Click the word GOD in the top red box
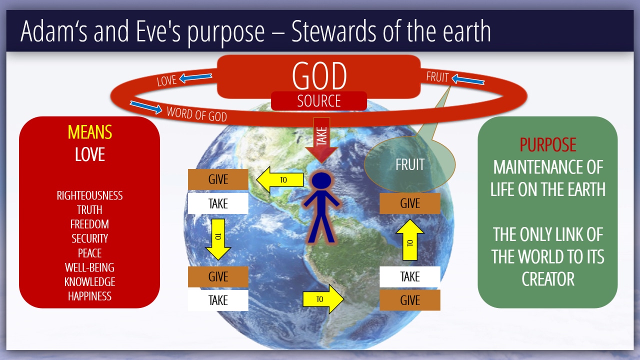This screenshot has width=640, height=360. click(319, 75)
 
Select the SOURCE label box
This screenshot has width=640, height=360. click(319, 101)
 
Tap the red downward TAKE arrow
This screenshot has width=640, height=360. click(321, 140)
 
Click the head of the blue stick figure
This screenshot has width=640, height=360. click(321, 180)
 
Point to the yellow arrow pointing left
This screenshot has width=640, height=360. click(280, 179)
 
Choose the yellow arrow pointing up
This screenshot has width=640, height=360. click(410, 239)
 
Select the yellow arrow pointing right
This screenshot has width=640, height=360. click(323, 299)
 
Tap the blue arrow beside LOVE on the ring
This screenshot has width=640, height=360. click(195, 77)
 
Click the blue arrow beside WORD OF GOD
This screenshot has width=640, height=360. click(146, 107)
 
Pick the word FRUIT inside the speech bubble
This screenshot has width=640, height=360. click(410, 164)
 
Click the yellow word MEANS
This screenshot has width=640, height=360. click(89, 132)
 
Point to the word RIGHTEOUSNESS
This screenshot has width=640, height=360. click(89, 195)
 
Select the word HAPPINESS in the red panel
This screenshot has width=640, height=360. click(89, 296)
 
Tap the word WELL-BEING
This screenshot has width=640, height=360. click(89, 267)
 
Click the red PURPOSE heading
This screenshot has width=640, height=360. click(547, 144)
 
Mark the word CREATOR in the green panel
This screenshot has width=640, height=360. click(548, 279)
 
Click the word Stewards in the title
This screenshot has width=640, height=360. click(333, 31)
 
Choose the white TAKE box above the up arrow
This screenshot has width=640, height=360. click(410, 276)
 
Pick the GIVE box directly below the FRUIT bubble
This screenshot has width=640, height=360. click(410, 203)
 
